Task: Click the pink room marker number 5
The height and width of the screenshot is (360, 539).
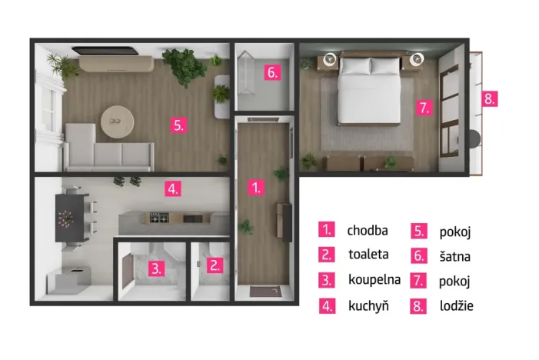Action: (178, 125)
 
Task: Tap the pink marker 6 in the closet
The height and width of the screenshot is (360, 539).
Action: (272, 72)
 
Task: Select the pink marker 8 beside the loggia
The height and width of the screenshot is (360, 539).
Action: (489, 99)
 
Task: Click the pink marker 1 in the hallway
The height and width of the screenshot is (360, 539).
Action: (256, 188)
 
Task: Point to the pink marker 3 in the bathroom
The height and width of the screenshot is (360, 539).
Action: (156, 268)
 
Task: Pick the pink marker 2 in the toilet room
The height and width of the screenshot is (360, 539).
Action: (215, 265)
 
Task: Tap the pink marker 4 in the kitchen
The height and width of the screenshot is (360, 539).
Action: (172, 188)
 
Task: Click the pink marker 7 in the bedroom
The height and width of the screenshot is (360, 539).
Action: (424, 108)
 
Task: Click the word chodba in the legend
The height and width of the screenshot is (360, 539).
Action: (368, 230)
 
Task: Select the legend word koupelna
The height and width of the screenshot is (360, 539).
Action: (374, 280)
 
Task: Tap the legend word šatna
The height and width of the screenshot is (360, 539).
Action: (454, 256)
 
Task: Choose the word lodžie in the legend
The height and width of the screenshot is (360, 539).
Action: (457, 305)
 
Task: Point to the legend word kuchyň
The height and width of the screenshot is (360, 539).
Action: (368, 305)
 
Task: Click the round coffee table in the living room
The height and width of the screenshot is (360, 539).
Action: (117, 122)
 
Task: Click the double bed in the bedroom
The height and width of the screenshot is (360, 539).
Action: (369, 89)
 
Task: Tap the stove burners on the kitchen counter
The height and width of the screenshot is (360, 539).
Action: (159, 218)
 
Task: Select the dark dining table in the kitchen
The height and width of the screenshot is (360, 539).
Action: (69, 218)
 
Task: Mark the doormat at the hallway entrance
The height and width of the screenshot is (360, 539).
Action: (265, 292)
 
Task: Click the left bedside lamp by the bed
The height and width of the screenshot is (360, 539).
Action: (331, 58)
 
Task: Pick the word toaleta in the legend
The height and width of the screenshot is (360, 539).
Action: (368, 255)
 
